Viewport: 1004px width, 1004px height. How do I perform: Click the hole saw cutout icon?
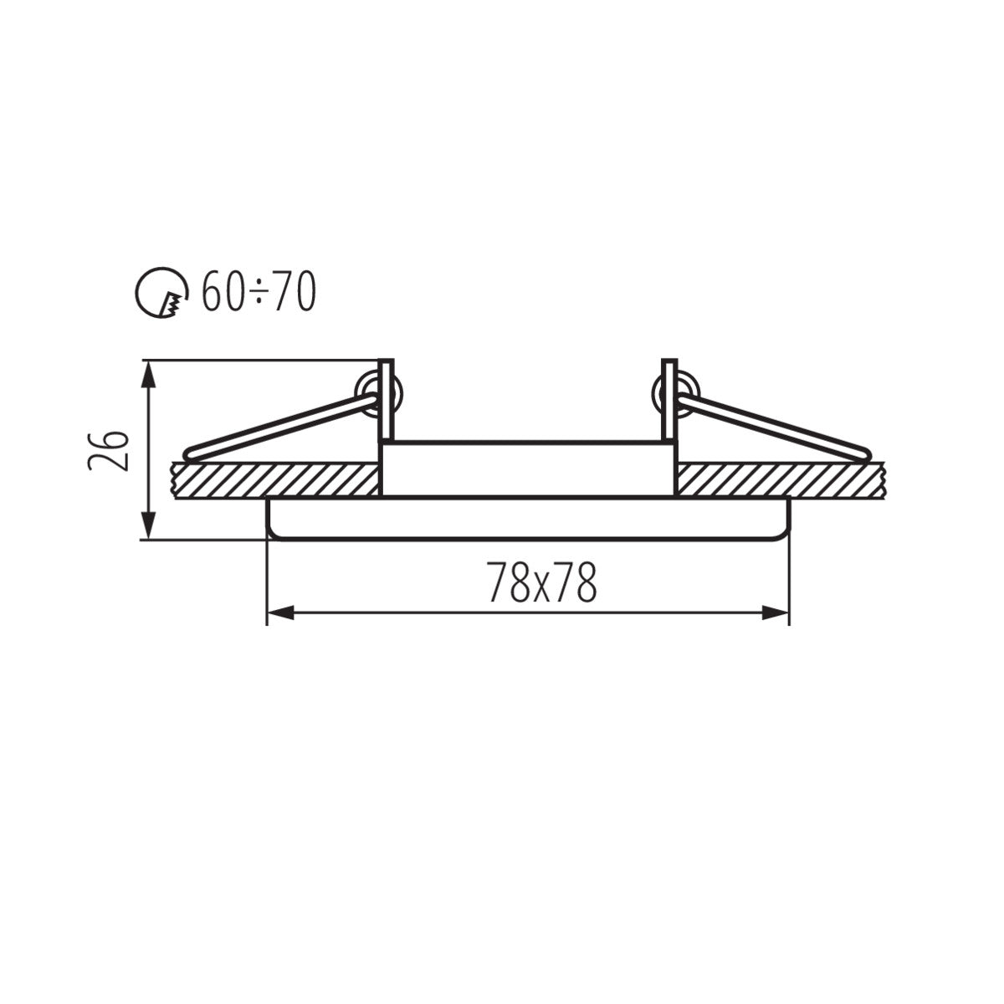(x=161, y=293)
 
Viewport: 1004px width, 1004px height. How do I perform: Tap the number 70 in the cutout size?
(x=294, y=293)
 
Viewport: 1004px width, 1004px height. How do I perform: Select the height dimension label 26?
(x=110, y=451)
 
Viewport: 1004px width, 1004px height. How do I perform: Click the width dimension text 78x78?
(x=543, y=583)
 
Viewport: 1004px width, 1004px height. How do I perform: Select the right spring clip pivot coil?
(x=676, y=391)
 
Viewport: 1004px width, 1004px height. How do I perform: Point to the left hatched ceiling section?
(x=276, y=479)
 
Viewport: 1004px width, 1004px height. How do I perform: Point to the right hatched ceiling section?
(x=778, y=479)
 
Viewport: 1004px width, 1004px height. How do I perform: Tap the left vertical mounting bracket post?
(x=387, y=400)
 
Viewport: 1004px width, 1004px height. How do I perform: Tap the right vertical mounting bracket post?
(x=668, y=400)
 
